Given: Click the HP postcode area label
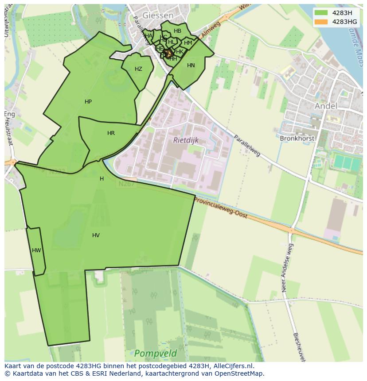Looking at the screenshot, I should point(88,102).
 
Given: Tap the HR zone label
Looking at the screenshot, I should point(111,133).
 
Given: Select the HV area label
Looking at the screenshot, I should point(96,235).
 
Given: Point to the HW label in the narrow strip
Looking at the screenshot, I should point(36,250).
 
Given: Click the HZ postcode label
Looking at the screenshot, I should point(138,69).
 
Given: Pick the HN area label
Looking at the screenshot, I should point(191,65).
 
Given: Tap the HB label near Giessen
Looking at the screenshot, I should point(177,31).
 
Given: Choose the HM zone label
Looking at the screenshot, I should point(188,43).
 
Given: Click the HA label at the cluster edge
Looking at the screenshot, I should point(148,36).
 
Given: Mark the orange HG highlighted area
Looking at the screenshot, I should point(168,53).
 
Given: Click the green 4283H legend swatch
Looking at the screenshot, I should point(321,13).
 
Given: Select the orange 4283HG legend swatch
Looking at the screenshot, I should point(321,22).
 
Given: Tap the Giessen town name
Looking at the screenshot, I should point(157,15).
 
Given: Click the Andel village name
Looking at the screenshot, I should point(326,106).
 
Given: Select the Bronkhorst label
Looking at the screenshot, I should point(297,139).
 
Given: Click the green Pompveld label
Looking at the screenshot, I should point(155,354).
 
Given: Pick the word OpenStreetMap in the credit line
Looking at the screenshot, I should point(240,373).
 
